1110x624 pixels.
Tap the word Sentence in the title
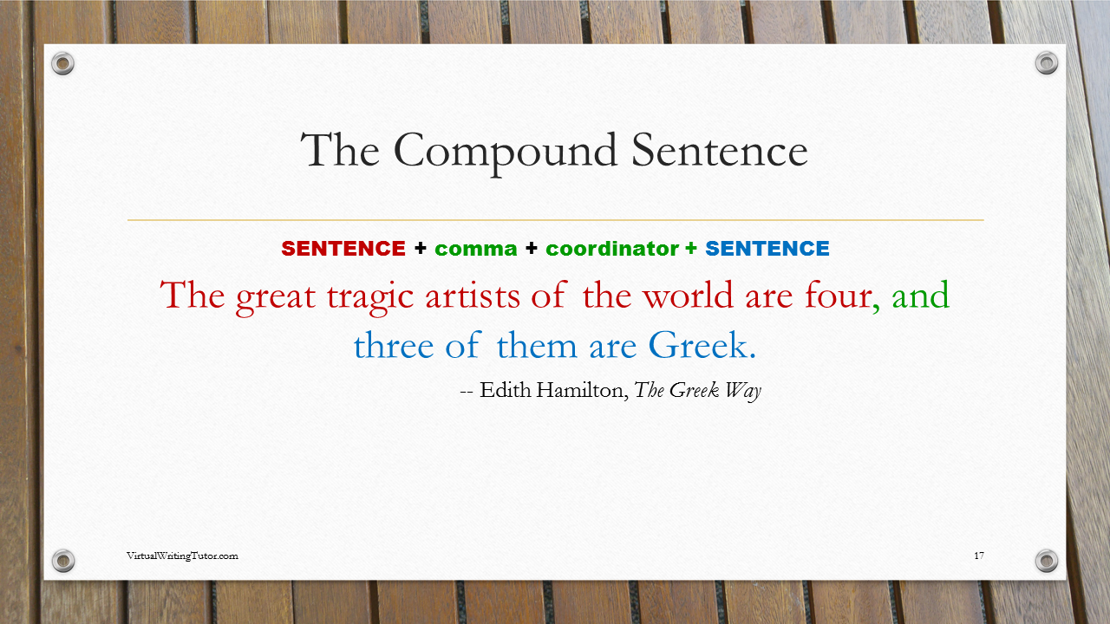[x=720, y=151]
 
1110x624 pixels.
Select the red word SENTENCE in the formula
[x=343, y=249]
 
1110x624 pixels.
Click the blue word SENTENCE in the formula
[x=767, y=249]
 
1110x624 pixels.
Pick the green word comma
[x=476, y=250]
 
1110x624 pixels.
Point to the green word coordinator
[x=612, y=249]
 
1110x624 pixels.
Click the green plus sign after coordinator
[x=691, y=249]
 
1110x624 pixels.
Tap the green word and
[x=921, y=296]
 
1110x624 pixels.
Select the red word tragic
[x=369, y=297]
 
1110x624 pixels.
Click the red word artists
[x=473, y=296]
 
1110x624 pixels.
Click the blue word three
[x=394, y=345]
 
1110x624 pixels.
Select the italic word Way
[x=743, y=391]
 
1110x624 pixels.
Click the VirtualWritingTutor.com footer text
[x=182, y=556]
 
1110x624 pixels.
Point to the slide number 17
[x=979, y=556]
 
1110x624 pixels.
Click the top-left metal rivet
[x=63, y=63]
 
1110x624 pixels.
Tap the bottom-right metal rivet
[x=1047, y=561]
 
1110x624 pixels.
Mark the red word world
[x=688, y=296]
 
